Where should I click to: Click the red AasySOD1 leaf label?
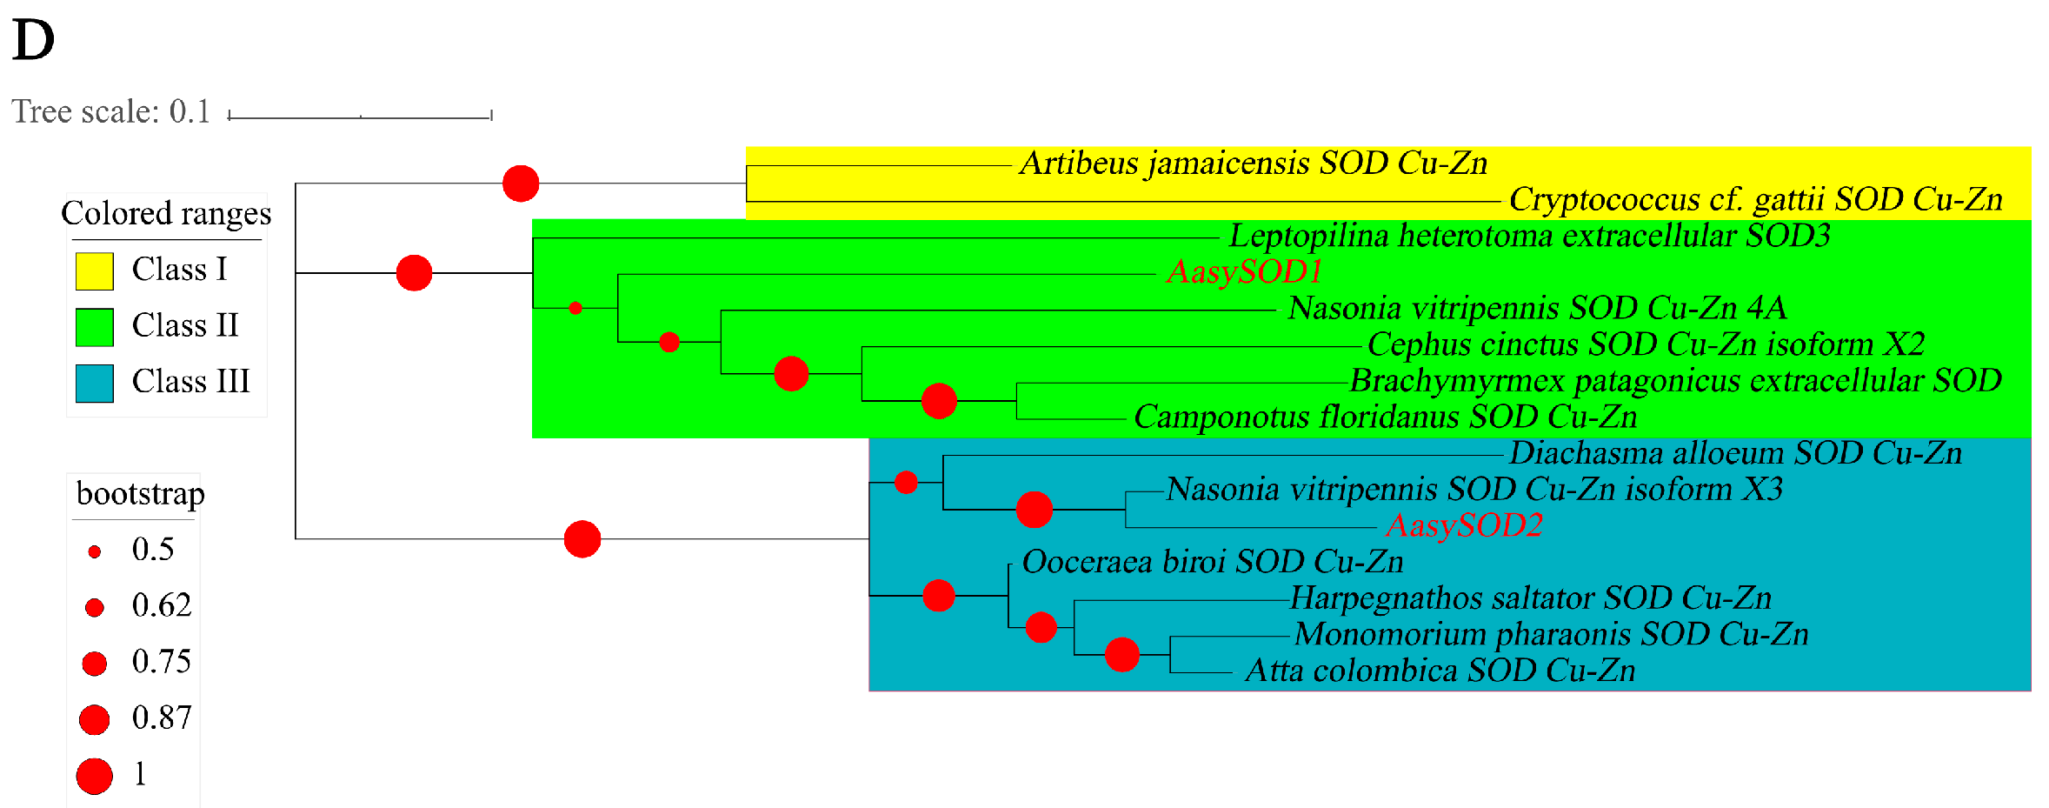click(x=1244, y=272)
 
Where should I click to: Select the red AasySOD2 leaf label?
click(x=1464, y=525)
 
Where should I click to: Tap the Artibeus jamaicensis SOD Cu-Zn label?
click(x=1253, y=164)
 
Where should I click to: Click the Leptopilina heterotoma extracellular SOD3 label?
click(x=1529, y=236)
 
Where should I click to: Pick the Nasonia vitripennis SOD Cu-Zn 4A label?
click(x=1536, y=308)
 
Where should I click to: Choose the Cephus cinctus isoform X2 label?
click(x=1646, y=344)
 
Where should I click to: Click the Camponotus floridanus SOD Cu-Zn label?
click(x=1385, y=417)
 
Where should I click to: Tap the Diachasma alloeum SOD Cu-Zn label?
click(x=1735, y=453)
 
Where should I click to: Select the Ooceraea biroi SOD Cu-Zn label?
click(x=1213, y=562)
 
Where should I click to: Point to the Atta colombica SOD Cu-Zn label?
click(x=1440, y=671)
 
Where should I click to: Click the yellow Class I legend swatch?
click(x=95, y=270)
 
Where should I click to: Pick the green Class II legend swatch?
click(x=95, y=327)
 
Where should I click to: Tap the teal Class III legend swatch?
click(x=95, y=383)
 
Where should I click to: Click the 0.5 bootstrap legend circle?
click(x=95, y=551)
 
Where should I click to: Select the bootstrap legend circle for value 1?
click(x=95, y=776)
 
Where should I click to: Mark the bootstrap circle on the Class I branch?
click(x=521, y=184)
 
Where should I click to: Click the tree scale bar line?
click(x=360, y=117)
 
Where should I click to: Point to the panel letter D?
click(x=33, y=40)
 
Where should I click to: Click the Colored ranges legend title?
click(x=166, y=214)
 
